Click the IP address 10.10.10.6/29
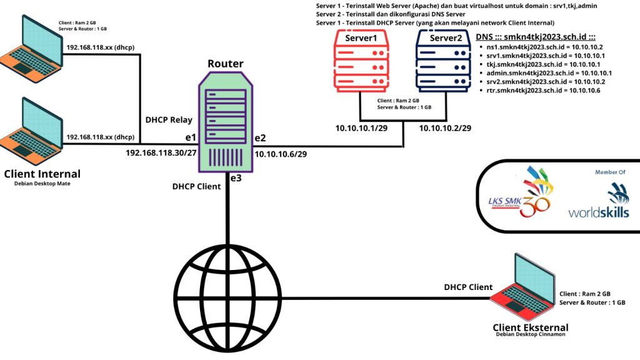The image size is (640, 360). pyautogui.click(x=281, y=152)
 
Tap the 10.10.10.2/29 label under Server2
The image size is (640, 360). pyautogui.click(x=444, y=128)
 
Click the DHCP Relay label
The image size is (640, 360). pyautogui.click(x=169, y=119)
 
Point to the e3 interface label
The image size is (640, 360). pyautogui.click(x=236, y=178)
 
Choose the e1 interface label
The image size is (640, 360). pyautogui.click(x=191, y=137)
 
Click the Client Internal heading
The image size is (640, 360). pyautogui.click(x=42, y=174)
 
